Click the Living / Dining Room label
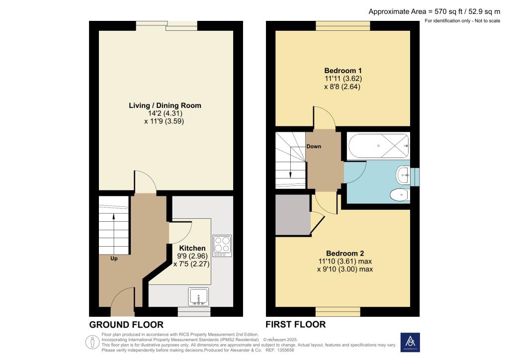point(165,105)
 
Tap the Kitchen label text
point(192,248)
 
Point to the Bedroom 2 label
point(344,253)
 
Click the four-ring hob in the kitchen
point(222,246)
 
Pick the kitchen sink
point(199,297)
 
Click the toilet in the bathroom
point(400,195)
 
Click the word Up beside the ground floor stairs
point(114,258)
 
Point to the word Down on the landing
point(314,147)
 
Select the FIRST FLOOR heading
point(296,325)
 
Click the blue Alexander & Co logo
point(410,342)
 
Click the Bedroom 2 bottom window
point(338,312)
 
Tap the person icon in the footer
point(92,342)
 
